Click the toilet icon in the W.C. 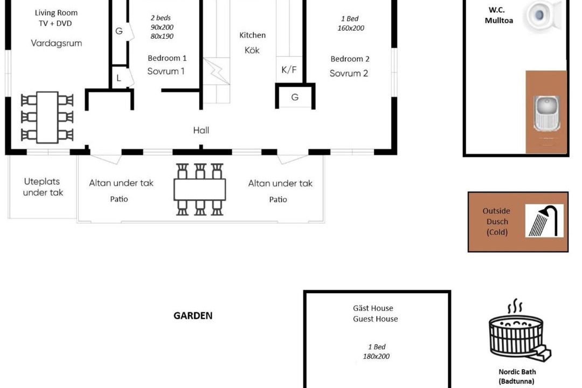point(543,16)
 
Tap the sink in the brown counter point(546,113)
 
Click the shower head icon point(544,220)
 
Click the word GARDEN point(193,316)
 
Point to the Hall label point(201,130)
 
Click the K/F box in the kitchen point(289,70)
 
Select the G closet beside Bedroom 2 point(295,98)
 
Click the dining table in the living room point(47,117)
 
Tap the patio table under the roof point(200,189)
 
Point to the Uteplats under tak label point(43,187)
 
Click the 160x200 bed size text point(351,28)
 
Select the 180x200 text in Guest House point(376,356)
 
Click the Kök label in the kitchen point(252,50)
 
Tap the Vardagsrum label point(57,43)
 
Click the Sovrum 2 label point(349,73)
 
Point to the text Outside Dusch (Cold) point(497,221)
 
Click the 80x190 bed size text point(162,36)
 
